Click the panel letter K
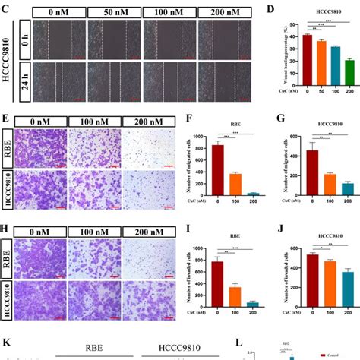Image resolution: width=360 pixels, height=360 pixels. point(6,344)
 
